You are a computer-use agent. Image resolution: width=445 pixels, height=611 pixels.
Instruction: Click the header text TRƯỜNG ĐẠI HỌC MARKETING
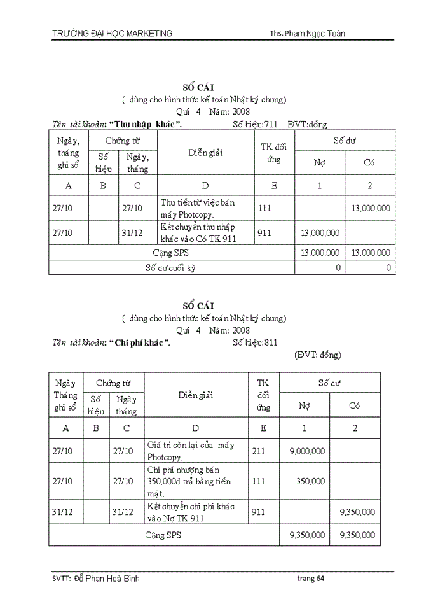click(x=112, y=34)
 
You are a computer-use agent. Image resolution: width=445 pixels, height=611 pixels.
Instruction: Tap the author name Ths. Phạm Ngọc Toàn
click(x=307, y=34)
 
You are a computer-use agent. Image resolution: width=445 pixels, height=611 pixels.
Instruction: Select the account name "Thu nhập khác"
click(x=148, y=123)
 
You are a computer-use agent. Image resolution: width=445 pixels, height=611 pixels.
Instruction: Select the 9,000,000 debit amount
click(x=307, y=451)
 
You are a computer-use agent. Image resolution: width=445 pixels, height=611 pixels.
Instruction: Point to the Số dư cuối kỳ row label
click(x=170, y=268)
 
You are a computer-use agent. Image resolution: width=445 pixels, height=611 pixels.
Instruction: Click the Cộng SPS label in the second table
click(x=163, y=535)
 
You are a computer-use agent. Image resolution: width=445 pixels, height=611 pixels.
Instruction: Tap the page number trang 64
click(x=311, y=579)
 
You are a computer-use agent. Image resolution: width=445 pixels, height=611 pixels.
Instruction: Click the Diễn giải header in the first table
click(x=205, y=153)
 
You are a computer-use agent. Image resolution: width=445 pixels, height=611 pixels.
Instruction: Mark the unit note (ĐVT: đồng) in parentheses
click(x=318, y=355)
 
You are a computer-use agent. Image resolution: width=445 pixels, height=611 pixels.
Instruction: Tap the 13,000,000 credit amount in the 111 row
click(x=371, y=208)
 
